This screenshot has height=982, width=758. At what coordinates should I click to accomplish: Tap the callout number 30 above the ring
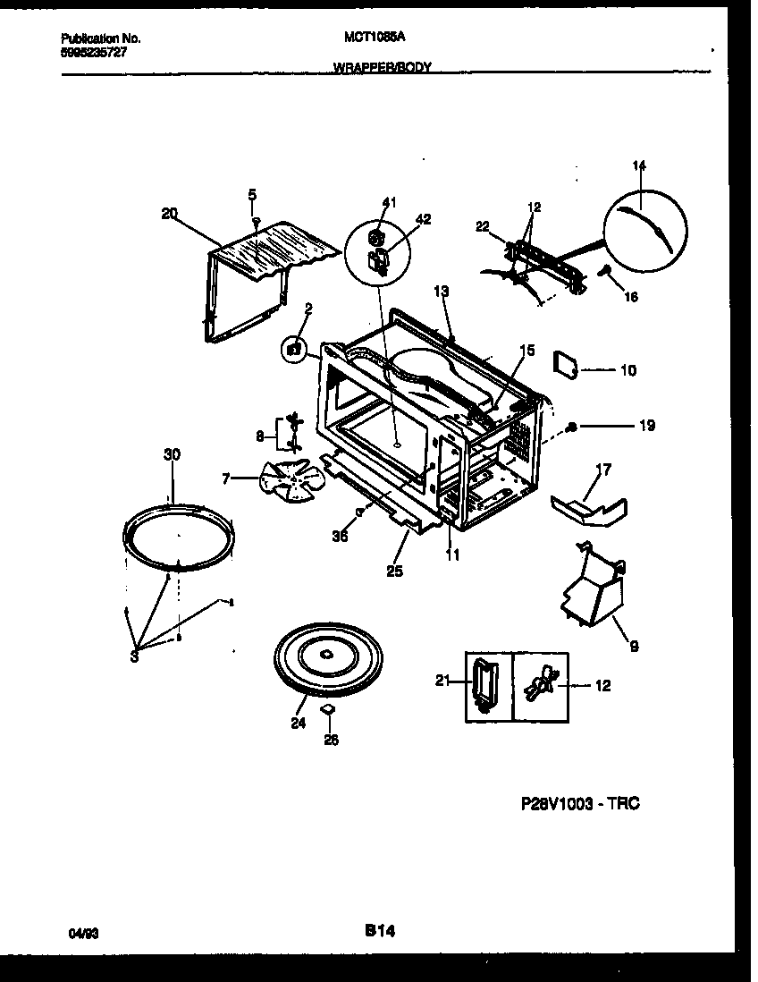[172, 455]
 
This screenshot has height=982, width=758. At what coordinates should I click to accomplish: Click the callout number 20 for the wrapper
[170, 213]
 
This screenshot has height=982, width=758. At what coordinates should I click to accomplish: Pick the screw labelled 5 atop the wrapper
[255, 219]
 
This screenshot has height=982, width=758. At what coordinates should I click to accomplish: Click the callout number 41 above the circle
[388, 203]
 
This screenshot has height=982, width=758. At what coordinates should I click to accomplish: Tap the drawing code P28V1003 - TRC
[579, 804]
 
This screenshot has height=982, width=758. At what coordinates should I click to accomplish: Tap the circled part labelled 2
[291, 350]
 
